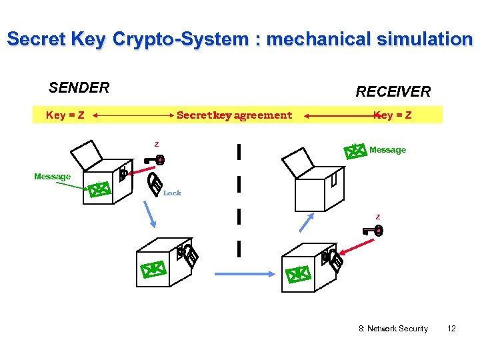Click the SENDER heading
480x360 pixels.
click(x=79, y=87)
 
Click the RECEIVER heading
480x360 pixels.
click(x=393, y=91)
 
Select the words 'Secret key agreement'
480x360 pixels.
click(x=234, y=115)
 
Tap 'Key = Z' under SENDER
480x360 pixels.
click(x=65, y=115)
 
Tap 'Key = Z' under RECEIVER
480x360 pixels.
click(x=393, y=115)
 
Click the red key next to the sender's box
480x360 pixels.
click(x=155, y=160)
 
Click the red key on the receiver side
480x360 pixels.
click(x=372, y=231)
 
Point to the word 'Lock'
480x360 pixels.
click(x=172, y=193)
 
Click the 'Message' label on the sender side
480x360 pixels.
click(x=52, y=176)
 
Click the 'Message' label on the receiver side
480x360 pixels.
click(x=387, y=150)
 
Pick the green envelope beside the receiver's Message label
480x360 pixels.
click(x=356, y=151)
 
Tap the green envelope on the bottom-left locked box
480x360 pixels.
click(x=153, y=269)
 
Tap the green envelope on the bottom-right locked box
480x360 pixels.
click(x=297, y=273)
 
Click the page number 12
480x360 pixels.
click(x=451, y=329)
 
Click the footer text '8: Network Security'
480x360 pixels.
click(x=393, y=329)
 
